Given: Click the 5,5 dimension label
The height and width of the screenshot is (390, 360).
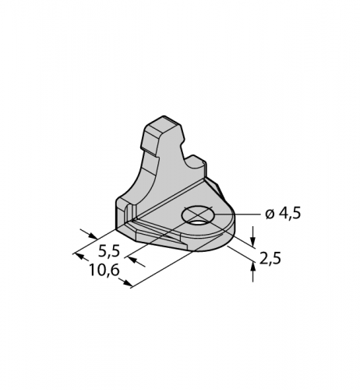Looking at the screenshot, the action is (x=109, y=251).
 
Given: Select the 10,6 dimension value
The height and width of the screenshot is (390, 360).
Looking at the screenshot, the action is (x=104, y=271).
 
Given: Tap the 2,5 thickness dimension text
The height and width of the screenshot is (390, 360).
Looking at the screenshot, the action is (x=270, y=259).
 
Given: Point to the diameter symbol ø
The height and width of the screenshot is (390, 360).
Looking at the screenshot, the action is (x=270, y=214).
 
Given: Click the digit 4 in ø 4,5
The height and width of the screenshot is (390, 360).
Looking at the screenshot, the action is (x=284, y=214).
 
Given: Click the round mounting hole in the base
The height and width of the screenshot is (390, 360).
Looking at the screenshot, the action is (x=198, y=216).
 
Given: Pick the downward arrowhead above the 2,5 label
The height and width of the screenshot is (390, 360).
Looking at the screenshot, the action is (x=253, y=241).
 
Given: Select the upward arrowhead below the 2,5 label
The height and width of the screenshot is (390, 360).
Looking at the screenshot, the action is (x=253, y=267).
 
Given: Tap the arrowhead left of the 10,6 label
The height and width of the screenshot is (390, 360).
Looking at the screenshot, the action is (x=80, y=257).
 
